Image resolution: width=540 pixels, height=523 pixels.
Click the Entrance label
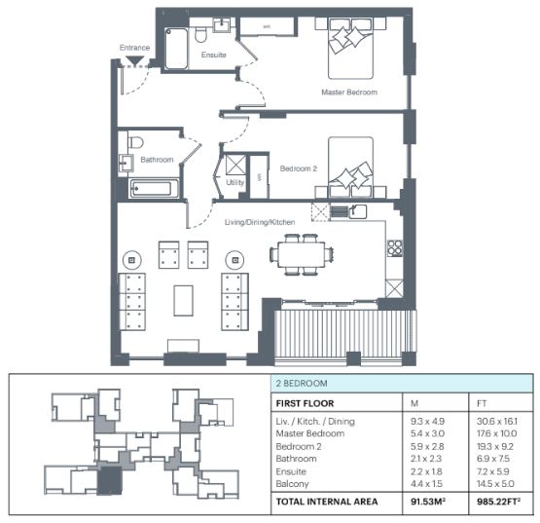tap(134, 48)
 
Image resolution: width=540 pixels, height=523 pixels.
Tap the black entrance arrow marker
tap(134, 60)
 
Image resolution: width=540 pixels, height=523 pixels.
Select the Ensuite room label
tap(213, 55)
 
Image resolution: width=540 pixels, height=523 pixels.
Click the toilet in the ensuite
tap(200, 34)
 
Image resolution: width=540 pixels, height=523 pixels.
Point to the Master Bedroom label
tap(349, 93)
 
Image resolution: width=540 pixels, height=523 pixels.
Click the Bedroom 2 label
tap(299, 168)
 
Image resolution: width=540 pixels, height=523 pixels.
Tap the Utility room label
tap(234, 182)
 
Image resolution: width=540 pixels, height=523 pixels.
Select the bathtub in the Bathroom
tap(154, 189)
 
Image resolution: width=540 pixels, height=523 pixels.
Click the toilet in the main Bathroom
tap(135, 141)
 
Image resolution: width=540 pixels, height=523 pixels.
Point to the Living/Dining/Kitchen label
tap(260, 222)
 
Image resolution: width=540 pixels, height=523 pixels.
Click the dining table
tap(302, 255)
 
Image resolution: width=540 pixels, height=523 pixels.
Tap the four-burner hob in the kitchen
tap(395, 248)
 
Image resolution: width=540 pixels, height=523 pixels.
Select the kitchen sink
tap(357, 211)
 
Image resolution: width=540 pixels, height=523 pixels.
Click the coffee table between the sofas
tap(183, 300)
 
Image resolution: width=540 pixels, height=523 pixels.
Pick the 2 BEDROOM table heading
tap(302, 384)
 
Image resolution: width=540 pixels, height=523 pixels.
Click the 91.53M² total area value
tap(428, 502)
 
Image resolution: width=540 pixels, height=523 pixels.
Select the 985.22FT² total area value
tap(498, 502)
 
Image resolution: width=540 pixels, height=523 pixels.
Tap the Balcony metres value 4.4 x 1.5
tap(426, 484)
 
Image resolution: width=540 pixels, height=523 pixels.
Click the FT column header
tap(482, 403)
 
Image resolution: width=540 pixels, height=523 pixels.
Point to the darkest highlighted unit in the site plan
tap(110, 480)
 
